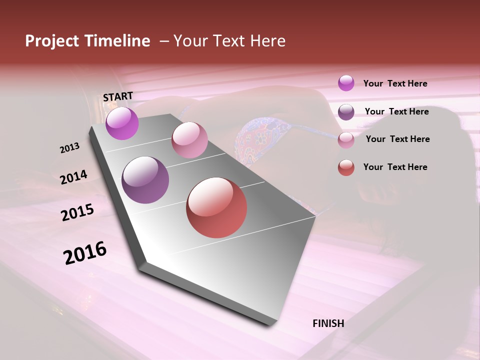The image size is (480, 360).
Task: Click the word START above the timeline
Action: [x=118, y=96]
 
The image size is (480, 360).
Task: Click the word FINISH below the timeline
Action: [x=328, y=323]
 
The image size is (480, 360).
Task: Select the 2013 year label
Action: [x=70, y=148]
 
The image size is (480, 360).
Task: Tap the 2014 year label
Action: [x=73, y=177]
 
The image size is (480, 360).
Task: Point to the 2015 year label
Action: [x=77, y=212]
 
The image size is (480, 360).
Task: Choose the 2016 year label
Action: [x=85, y=253]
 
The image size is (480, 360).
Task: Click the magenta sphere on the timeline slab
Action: [x=122, y=123]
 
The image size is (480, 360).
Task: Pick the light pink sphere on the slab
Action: [x=189, y=140]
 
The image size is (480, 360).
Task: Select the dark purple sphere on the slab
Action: [x=145, y=180]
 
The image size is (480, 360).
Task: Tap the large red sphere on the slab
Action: [x=216, y=207]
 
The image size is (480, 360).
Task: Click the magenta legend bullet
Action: [x=346, y=83]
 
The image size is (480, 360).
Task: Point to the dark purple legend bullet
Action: [x=346, y=112]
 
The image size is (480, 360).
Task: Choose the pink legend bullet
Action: [x=346, y=140]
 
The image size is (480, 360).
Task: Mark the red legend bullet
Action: [x=346, y=167]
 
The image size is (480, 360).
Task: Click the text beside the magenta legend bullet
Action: [x=395, y=84]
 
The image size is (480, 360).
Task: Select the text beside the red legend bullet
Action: [x=395, y=167]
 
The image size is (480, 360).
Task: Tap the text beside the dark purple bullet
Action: [x=396, y=111]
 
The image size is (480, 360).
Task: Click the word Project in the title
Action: [x=52, y=41]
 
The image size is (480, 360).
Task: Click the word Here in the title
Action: [x=267, y=41]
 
